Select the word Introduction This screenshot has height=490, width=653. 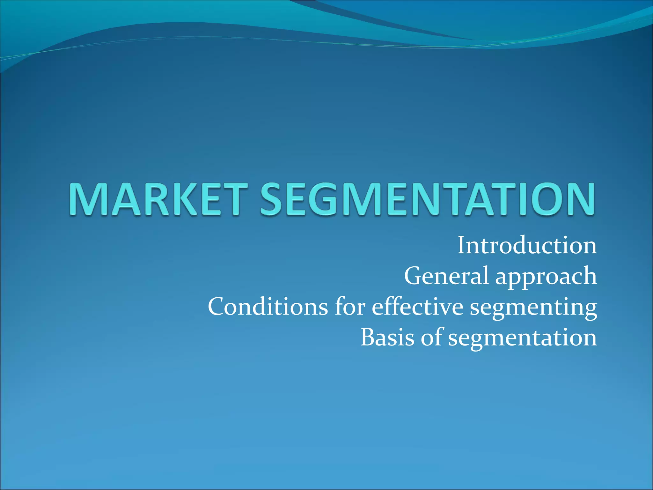pyautogui.click(x=527, y=246)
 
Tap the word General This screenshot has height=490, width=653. pyautogui.click(x=446, y=276)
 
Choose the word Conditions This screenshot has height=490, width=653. pyautogui.click(x=268, y=307)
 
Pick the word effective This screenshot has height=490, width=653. pyautogui.click(x=417, y=307)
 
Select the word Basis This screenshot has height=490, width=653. pyautogui.click(x=387, y=338)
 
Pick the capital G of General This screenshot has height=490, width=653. pyautogui.click(x=414, y=276)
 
